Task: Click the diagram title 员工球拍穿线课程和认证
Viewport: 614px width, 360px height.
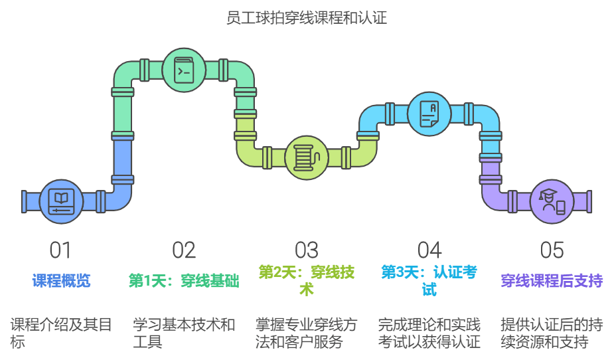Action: [307, 18]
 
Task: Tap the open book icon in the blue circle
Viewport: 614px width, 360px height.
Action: [61, 201]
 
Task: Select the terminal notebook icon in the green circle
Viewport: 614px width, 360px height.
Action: [184, 70]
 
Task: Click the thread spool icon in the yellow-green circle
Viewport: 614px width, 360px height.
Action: [307, 158]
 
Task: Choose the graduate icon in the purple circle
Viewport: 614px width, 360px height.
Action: [552, 201]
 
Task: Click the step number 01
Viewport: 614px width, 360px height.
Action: [60, 250]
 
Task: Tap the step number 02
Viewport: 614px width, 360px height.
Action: [184, 250]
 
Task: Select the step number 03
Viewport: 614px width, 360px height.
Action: [307, 250]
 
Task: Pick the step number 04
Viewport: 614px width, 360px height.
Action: [429, 250]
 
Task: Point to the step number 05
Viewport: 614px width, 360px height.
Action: [552, 250]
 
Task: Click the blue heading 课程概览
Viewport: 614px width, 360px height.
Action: [61, 281]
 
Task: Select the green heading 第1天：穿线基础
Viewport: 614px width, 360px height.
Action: [184, 281]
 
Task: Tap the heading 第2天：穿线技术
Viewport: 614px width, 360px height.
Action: [307, 281]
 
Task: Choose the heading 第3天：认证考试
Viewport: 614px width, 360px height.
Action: [429, 281]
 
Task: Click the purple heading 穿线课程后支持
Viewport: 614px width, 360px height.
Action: [552, 281]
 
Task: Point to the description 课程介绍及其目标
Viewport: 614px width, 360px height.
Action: [61, 333]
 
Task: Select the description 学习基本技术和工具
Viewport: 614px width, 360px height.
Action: [184, 333]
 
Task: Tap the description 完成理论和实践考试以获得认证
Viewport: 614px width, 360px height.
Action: [429, 333]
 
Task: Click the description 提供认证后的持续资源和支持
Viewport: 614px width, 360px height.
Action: [552, 333]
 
